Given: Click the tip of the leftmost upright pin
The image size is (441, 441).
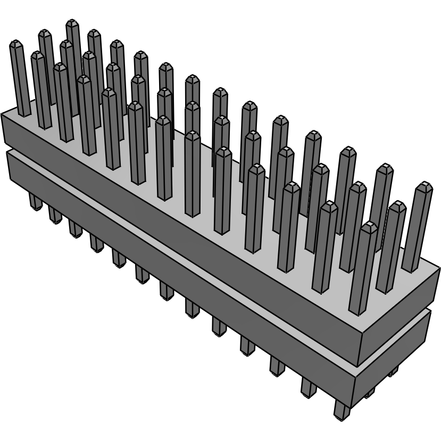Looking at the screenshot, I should pos(16,44).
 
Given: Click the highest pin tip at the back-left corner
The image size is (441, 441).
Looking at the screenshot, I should pos(73,23).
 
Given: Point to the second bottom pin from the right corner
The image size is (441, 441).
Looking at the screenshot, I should pos(309,387).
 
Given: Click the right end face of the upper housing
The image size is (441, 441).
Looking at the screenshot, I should pos(399,319).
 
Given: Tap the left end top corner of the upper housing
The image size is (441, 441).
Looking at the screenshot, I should pos(3,113).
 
